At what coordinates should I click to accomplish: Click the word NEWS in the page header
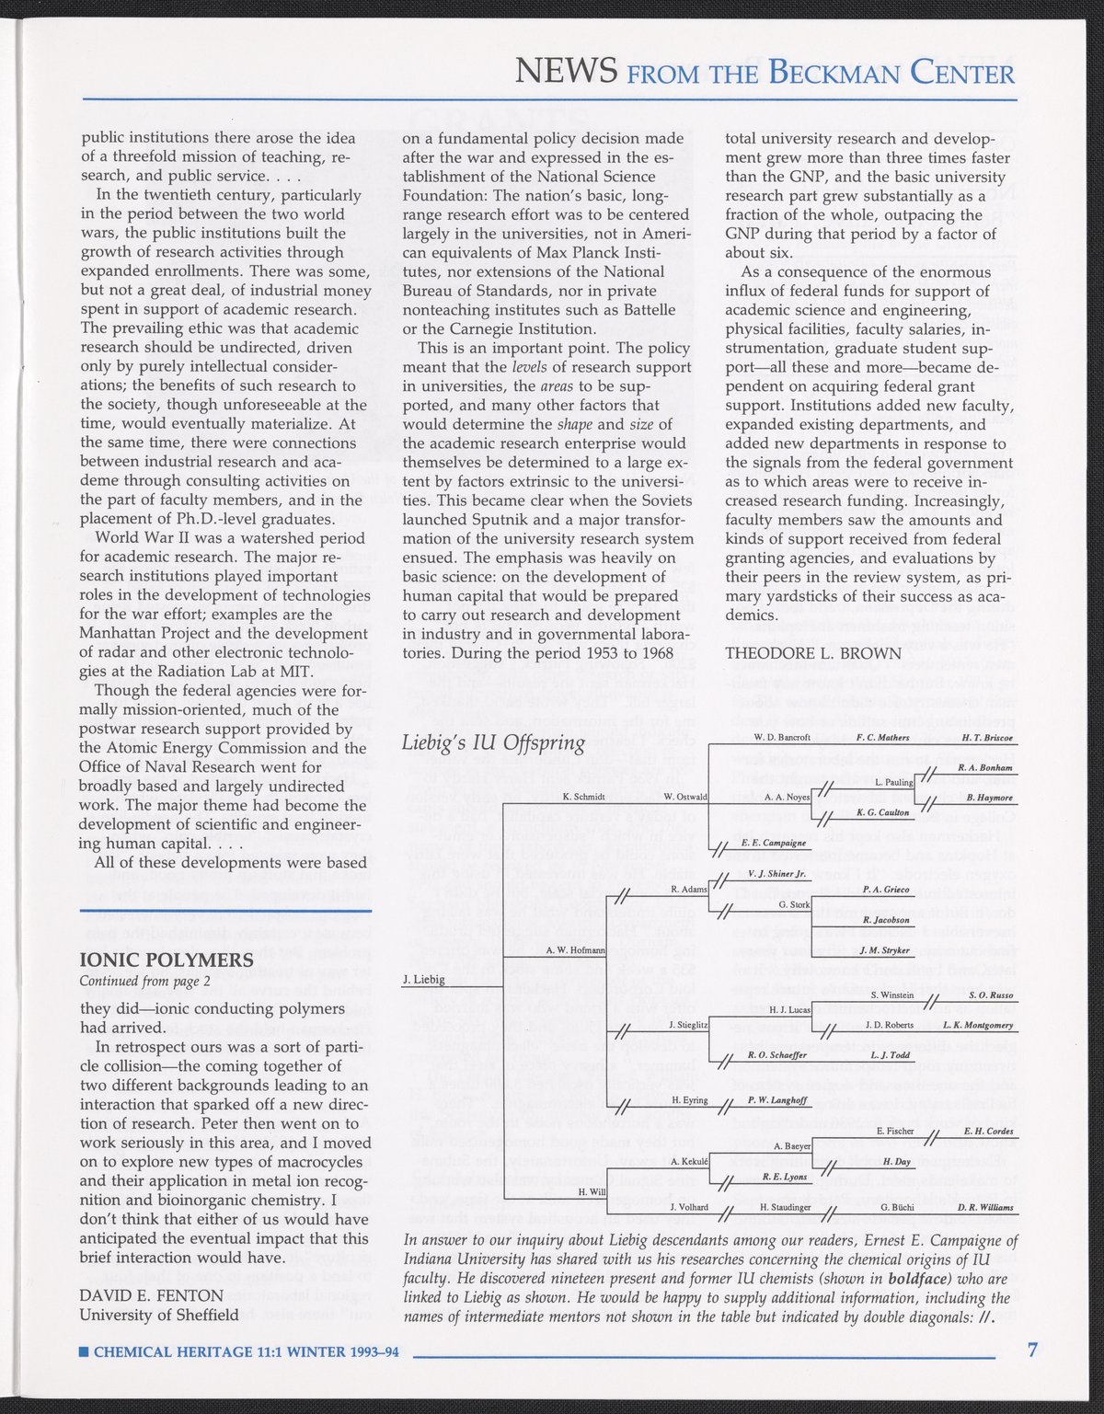pyautogui.click(x=566, y=71)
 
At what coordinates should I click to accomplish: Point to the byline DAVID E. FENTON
pyautogui.click(x=152, y=1295)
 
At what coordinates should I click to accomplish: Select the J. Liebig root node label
pyautogui.click(x=424, y=980)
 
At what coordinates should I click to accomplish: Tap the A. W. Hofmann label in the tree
pyautogui.click(x=575, y=949)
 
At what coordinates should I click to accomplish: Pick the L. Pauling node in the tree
pyautogui.click(x=892, y=782)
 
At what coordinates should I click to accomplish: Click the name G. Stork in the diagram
pyautogui.click(x=794, y=904)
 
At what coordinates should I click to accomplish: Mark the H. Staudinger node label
pyautogui.click(x=785, y=1206)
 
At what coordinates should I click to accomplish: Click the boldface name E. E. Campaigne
pyautogui.click(x=773, y=842)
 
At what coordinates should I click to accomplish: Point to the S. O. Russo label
pyautogui.click(x=991, y=994)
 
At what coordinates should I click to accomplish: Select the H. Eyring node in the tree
pyautogui.click(x=689, y=1100)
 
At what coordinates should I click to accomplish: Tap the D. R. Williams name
pyautogui.click(x=985, y=1206)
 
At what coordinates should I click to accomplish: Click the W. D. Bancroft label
pyautogui.click(x=781, y=738)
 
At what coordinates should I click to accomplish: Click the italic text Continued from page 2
pyautogui.click(x=145, y=981)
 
